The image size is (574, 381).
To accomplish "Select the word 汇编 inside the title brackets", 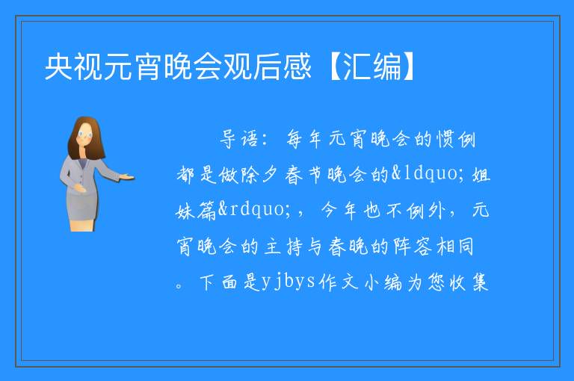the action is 372,66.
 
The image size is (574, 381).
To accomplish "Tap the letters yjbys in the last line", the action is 288,282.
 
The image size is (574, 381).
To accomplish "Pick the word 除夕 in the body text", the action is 258,175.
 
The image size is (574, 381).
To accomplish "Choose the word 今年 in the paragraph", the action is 339,211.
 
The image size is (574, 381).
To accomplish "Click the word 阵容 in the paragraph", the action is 413,247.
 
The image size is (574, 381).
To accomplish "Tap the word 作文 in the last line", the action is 339,282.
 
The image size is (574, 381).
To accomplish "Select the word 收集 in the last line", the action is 469,282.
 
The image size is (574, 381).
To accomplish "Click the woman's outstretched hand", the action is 127,178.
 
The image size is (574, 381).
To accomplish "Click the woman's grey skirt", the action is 82,205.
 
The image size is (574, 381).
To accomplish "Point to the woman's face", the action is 85,134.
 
